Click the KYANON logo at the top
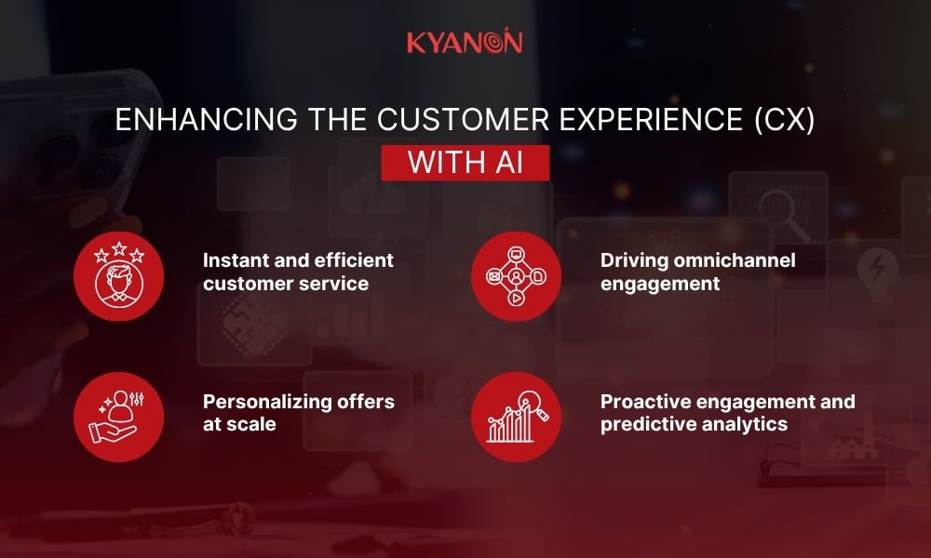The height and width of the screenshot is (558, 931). [465, 42]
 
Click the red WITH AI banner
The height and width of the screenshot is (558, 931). [465, 161]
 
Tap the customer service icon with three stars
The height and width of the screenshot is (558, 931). [118, 276]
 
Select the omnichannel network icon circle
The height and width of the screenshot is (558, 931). [516, 276]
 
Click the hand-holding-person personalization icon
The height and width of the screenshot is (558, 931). [118, 416]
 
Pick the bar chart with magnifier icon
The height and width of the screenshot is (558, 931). [516, 416]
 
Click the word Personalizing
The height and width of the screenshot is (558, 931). [265, 402]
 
